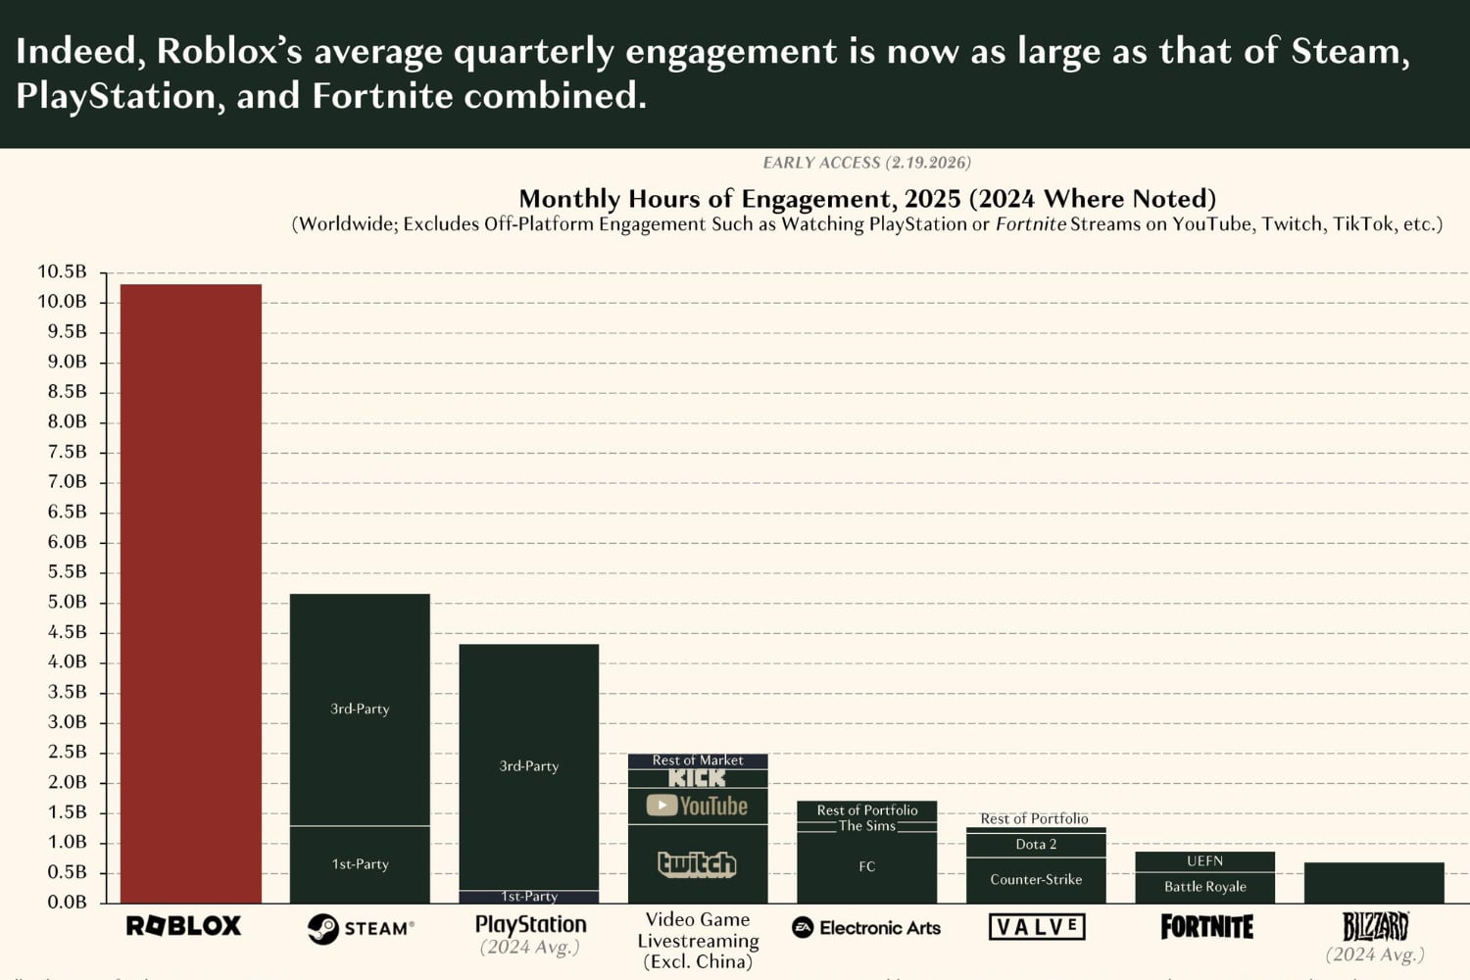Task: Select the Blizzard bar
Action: tap(1374, 882)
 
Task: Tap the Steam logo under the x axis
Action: tap(361, 928)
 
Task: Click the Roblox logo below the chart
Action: tap(183, 926)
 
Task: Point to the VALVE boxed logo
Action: tap(1037, 926)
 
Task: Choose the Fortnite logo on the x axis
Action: tap(1206, 926)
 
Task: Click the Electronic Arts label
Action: tap(866, 927)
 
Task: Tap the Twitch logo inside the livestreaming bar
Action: tap(697, 863)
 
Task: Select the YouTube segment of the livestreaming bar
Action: tap(697, 806)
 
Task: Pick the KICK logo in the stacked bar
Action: tap(697, 778)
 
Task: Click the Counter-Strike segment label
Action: tap(1036, 879)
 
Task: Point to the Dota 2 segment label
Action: tap(1036, 844)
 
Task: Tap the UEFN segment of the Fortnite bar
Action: tap(1204, 860)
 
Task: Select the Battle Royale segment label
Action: tap(1204, 886)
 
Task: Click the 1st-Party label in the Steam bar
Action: tap(360, 863)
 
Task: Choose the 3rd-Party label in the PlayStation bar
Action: tap(529, 765)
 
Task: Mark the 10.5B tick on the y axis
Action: tap(62, 271)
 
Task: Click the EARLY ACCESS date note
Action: tap(866, 163)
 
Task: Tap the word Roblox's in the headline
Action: tap(229, 51)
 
